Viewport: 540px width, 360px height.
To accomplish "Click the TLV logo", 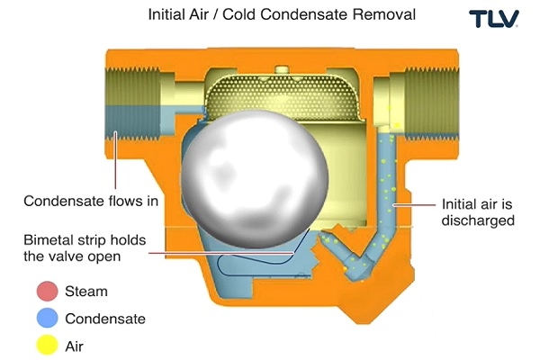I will point(493,19).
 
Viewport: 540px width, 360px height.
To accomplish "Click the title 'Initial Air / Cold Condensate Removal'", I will point(270,16).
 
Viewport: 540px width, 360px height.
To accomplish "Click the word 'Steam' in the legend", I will point(86,292).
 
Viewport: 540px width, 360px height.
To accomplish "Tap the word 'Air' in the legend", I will point(76,344).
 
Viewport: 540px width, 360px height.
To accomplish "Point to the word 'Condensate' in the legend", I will point(105,318).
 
